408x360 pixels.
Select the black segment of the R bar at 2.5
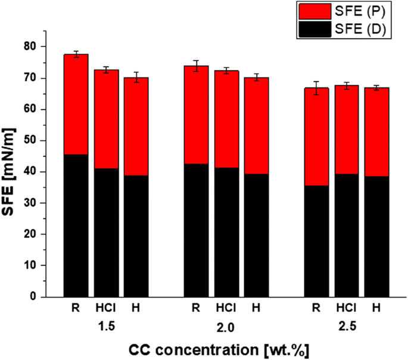[316, 241]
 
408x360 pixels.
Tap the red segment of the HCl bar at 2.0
[226, 119]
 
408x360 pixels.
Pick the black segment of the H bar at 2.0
[256, 235]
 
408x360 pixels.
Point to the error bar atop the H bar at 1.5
[136, 77]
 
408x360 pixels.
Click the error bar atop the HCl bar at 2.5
[347, 86]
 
